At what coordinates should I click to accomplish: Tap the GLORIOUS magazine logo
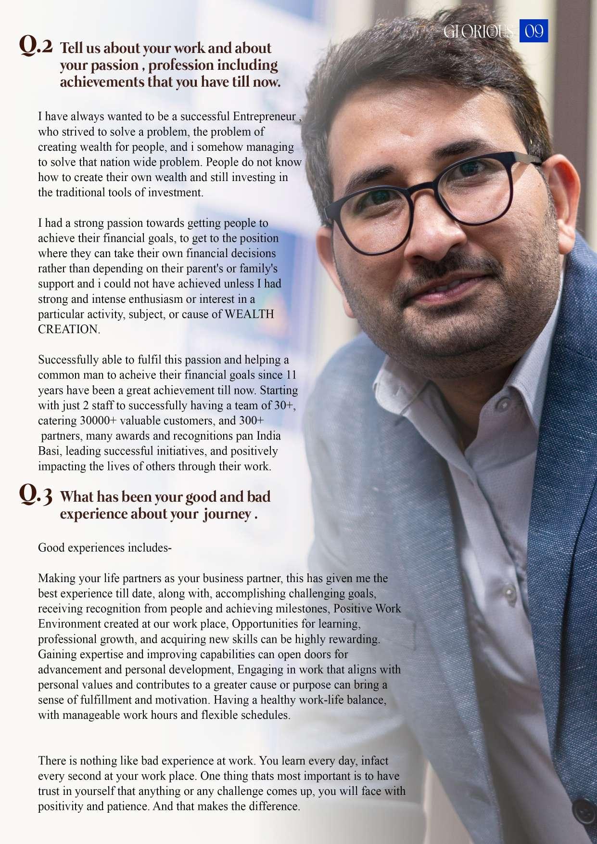(478, 32)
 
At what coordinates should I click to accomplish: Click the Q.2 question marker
(36, 46)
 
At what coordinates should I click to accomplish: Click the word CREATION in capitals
(68, 330)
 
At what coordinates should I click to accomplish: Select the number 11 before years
(291, 375)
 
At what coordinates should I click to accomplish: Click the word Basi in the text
(50, 452)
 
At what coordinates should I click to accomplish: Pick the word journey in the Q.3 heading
(227, 514)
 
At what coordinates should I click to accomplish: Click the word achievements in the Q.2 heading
(102, 82)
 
